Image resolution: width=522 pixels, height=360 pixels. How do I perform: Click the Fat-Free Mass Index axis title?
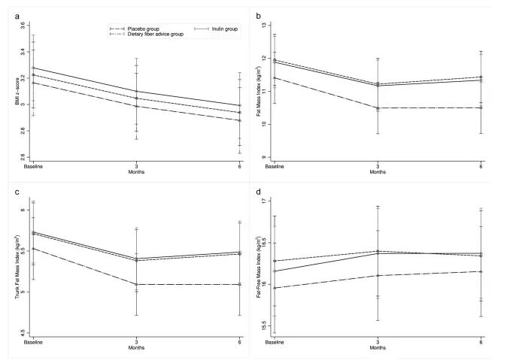tap(260, 269)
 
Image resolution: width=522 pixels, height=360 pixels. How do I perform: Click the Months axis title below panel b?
tap(378, 171)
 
